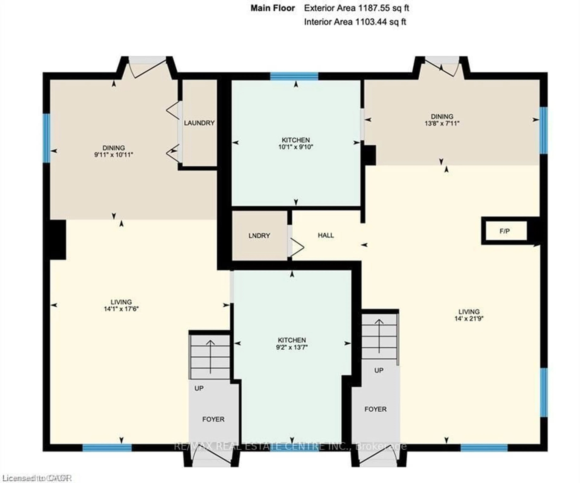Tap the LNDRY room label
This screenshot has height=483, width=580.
pos(259,236)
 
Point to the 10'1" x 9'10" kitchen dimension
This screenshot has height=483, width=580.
pos(296,147)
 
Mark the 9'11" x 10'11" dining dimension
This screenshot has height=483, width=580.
pos(114,155)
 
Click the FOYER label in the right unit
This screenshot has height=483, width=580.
pos(375,409)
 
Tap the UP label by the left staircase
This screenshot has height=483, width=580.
pos(199,388)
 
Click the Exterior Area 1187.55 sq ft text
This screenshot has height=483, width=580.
pos(356,8)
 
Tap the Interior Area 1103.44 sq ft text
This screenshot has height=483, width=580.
pos(355,22)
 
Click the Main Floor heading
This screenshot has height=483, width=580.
pos(272,8)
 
